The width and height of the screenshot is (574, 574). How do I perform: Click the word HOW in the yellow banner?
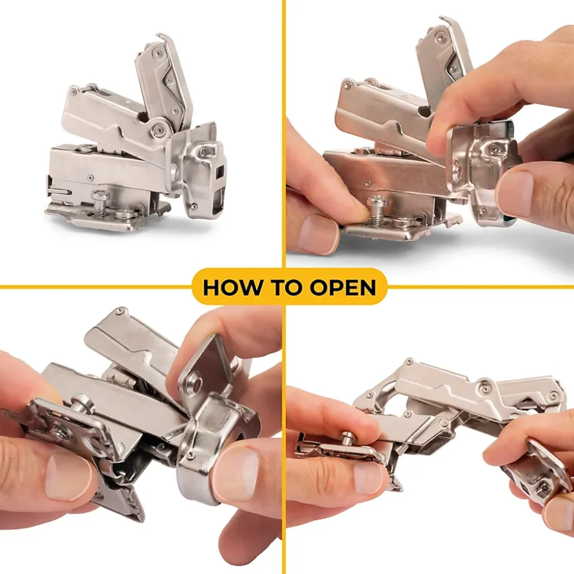[233, 287]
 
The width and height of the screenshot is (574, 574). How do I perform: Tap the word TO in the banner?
[286, 287]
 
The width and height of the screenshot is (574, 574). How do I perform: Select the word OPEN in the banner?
[343, 287]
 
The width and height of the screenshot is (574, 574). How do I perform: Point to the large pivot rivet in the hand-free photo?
[159, 128]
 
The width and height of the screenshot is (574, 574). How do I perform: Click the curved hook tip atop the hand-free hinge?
[162, 36]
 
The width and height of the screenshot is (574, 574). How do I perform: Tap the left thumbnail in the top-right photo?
[317, 233]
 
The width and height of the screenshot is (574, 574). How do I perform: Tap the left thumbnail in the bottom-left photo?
[69, 477]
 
